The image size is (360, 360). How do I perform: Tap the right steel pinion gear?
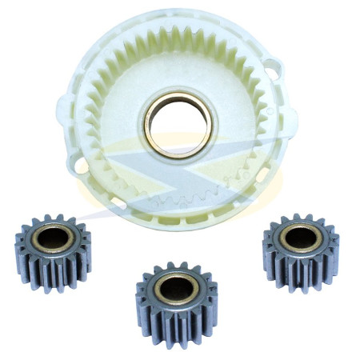tap(300, 247)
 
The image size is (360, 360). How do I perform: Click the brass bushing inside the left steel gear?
tap(53, 238)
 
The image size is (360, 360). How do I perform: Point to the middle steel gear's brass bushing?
tap(176, 286)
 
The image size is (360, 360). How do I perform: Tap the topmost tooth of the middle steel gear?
tap(178, 265)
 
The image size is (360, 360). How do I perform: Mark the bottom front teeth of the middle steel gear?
tap(176, 332)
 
